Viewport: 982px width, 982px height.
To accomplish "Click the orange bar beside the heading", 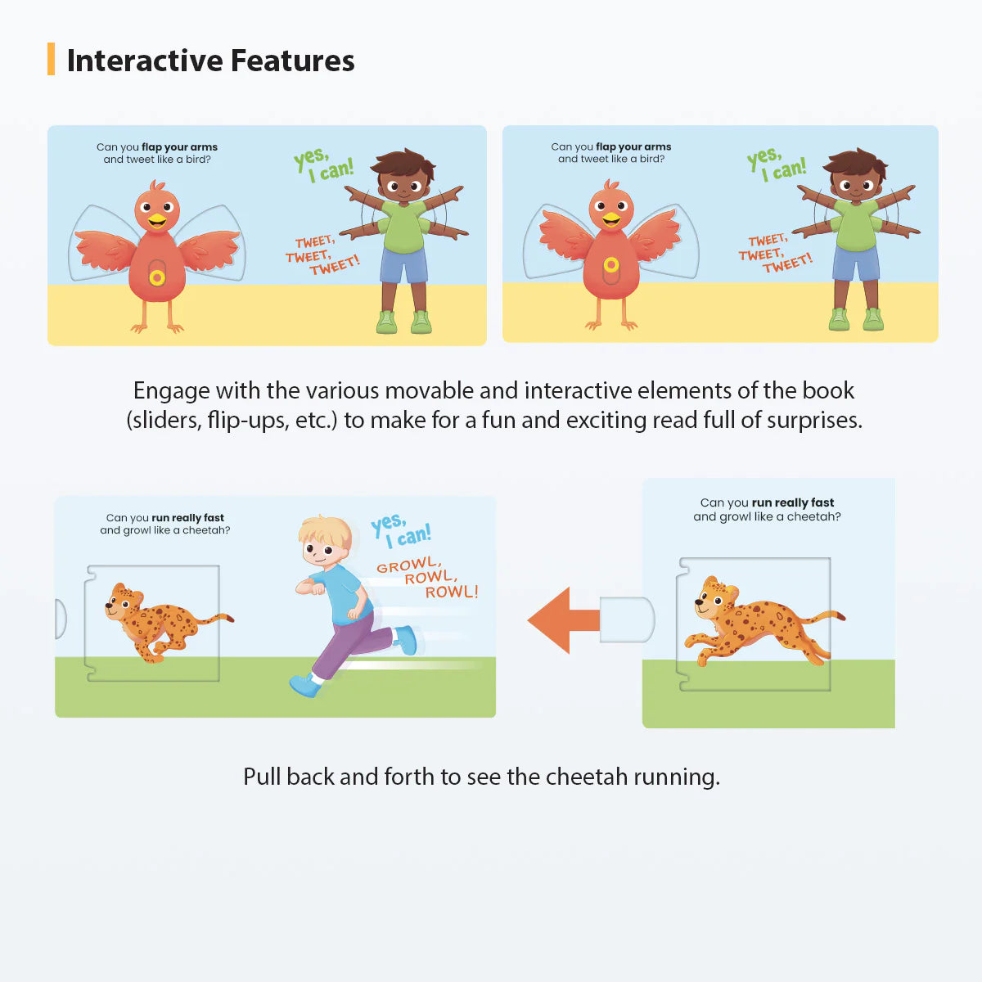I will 52,60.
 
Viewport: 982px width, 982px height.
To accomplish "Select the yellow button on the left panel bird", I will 157,278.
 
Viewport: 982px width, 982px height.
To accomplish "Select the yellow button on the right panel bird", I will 610,264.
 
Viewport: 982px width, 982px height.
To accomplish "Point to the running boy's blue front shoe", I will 304,686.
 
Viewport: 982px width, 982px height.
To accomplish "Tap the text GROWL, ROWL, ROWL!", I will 427,578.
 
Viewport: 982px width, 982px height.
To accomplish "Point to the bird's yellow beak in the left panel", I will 156,220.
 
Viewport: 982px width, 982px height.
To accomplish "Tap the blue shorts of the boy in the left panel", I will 404,264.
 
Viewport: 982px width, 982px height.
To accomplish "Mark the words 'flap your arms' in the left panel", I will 179,147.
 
